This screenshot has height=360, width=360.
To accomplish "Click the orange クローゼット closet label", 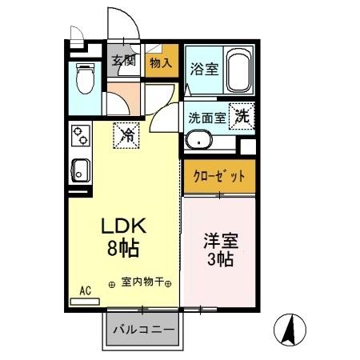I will click(218, 176).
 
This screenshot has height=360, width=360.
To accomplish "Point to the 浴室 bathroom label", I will click(202, 70).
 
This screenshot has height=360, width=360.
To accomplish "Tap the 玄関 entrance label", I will click(123, 61).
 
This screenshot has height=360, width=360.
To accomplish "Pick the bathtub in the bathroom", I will click(238, 70).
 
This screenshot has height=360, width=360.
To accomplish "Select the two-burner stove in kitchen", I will click(80, 138).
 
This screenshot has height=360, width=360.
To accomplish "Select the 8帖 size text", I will click(124, 248).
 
